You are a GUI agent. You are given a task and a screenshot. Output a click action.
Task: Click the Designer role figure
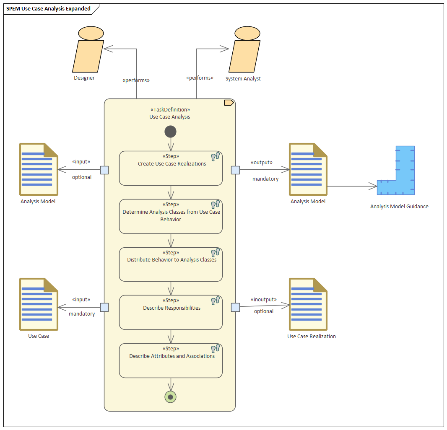(88, 49)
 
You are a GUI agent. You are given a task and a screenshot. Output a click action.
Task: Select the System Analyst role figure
(244, 49)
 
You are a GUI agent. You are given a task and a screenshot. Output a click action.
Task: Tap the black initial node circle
(171, 132)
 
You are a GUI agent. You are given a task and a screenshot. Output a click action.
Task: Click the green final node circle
(171, 397)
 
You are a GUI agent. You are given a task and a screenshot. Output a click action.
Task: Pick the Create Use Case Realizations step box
(171, 168)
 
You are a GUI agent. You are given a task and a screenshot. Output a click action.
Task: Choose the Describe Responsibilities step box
(171, 313)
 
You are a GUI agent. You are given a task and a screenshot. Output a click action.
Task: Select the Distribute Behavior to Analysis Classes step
(171, 264)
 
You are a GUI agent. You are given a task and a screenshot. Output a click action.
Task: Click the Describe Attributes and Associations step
(171, 361)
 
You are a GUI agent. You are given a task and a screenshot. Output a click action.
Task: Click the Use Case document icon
(39, 304)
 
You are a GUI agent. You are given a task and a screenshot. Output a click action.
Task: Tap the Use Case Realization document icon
(308, 304)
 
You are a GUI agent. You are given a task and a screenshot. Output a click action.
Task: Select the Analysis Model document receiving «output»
(308, 169)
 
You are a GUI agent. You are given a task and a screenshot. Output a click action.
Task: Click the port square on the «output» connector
(236, 170)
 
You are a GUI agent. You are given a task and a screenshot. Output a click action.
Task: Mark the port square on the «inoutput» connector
(236, 308)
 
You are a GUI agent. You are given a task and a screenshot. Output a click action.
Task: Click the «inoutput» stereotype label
(264, 300)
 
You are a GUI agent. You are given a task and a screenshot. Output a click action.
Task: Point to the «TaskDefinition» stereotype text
(170, 110)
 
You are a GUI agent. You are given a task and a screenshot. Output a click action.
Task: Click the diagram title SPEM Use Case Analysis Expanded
(49, 8)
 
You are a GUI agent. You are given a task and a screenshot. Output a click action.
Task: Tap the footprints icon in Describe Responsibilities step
(216, 300)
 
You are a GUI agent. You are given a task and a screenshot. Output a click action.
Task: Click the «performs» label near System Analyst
(200, 78)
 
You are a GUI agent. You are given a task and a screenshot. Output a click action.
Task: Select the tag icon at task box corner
(229, 103)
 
